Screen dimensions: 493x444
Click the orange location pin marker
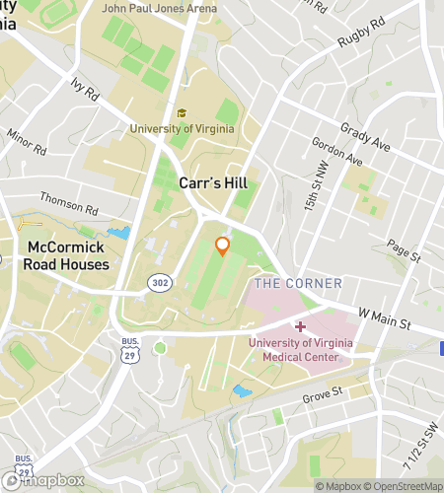click(223, 246)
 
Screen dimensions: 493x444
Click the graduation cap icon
click(181, 113)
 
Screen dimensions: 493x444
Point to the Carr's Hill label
click(212, 183)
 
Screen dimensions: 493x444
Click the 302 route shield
click(159, 283)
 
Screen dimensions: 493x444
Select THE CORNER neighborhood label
click(299, 284)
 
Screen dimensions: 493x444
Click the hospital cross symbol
click(300, 325)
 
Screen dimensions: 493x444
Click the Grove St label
click(323, 392)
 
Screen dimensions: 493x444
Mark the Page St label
click(404, 249)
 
